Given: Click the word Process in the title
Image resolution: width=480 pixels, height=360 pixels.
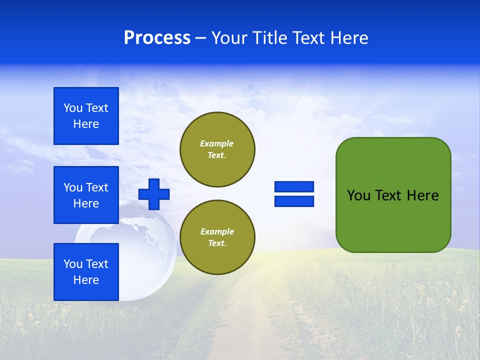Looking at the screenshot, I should (x=157, y=38).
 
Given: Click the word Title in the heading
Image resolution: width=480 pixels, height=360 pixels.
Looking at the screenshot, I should (x=268, y=38).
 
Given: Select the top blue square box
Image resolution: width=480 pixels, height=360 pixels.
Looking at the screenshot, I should (x=86, y=116).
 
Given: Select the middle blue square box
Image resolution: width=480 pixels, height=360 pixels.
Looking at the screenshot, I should (x=86, y=195).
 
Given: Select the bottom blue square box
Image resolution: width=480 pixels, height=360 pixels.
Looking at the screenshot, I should (x=86, y=272).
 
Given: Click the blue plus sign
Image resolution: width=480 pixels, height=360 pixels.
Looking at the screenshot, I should (x=154, y=194).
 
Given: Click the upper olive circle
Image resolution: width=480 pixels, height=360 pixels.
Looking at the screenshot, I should (x=217, y=149).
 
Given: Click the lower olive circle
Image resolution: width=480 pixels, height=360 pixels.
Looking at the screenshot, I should (x=217, y=237).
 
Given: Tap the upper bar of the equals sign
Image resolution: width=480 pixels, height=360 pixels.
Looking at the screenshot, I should (x=294, y=187).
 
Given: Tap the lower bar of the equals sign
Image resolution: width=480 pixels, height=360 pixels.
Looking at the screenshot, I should (x=294, y=201).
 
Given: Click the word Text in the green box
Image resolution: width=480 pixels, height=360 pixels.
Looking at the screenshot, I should (x=388, y=195).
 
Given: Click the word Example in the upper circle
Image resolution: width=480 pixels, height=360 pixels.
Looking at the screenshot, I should (x=216, y=143).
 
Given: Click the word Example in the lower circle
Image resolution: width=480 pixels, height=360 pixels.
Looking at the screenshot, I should (x=217, y=231).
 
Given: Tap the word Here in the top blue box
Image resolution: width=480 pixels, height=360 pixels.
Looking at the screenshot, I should (x=86, y=124).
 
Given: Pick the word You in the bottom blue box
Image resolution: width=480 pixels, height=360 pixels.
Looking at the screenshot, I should (x=72, y=264).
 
